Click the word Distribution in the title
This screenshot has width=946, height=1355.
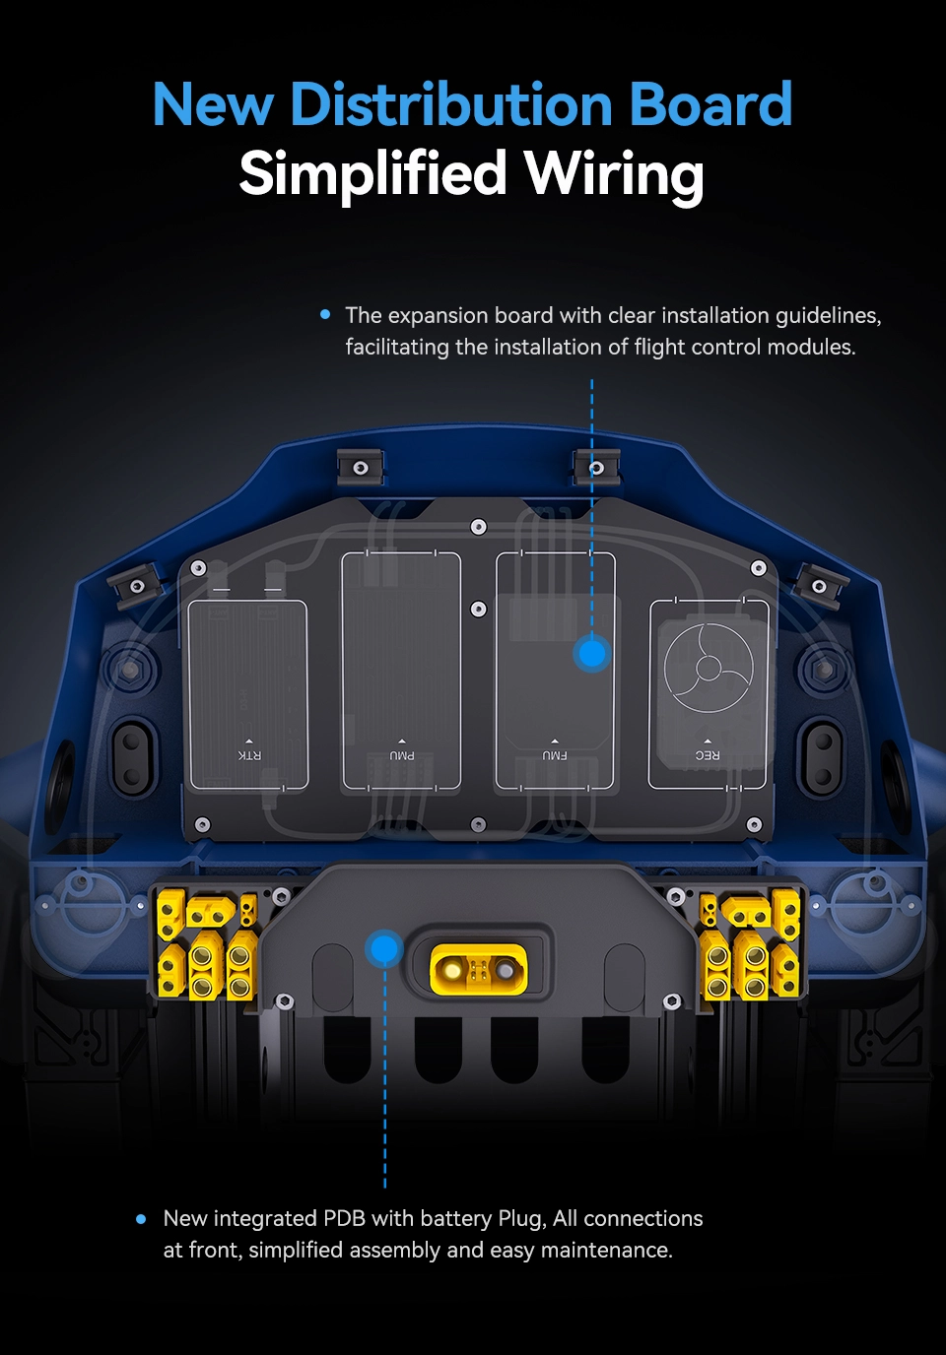tap(451, 103)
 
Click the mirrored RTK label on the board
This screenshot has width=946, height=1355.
tap(249, 755)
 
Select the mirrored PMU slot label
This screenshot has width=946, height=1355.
tap(401, 755)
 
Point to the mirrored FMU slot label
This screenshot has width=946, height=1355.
tap(555, 755)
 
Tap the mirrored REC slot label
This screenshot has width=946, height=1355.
tap(707, 755)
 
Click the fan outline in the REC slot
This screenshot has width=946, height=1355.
tap(709, 668)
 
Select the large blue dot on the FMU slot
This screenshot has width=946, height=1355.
tap(592, 653)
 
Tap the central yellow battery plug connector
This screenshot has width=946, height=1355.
tap(478, 970)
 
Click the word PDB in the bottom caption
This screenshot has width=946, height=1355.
tap(344, 1218)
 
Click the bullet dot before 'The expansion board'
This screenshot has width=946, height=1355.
tap(325, 314)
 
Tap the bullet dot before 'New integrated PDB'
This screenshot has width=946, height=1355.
tap(141, 1219)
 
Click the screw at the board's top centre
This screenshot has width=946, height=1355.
tap(478, 527)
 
